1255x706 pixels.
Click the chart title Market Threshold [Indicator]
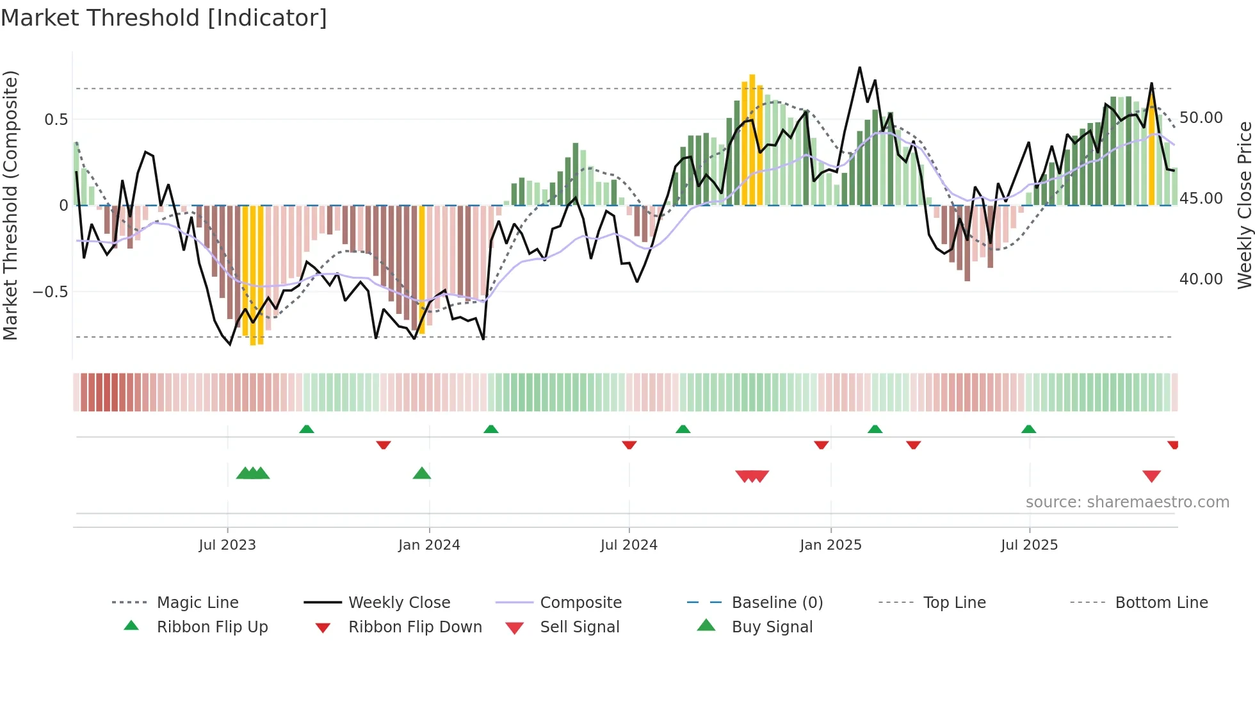(x=164, y=18)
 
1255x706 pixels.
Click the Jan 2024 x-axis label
(x=429, y=545)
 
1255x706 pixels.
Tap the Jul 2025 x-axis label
(x=1029, y=545)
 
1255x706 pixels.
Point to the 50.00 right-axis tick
(x=1201, y=118)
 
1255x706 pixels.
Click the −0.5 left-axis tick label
(x=50, y=292)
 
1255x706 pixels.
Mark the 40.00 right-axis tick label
(x=1201, y=279)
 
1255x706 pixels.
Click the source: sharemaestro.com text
(x=1127, y=502)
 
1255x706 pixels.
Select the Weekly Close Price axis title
(x=1244, y=205)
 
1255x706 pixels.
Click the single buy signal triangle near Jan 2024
(x=422, y=474)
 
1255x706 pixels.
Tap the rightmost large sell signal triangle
(x=1151, y=476)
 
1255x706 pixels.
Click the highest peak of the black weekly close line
(x=859, y=67)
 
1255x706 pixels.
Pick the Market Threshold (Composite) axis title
(x=10, y=205)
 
